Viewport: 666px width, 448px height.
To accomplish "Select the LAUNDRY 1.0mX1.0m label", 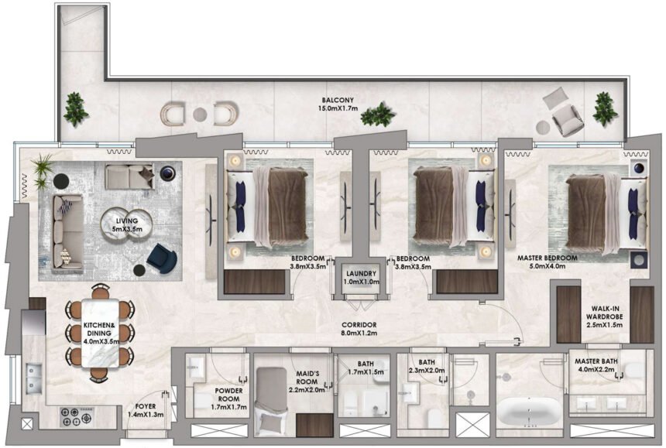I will (x=362, y=278).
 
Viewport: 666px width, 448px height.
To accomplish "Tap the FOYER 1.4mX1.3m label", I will (x=146, y=410).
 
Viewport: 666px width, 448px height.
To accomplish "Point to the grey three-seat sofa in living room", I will (x=67, y=231).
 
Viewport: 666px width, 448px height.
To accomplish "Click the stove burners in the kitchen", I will (x=76, y=417).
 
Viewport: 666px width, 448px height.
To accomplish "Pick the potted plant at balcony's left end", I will (x=76, y=108).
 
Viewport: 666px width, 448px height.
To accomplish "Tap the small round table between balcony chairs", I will (x=200, y=115).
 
